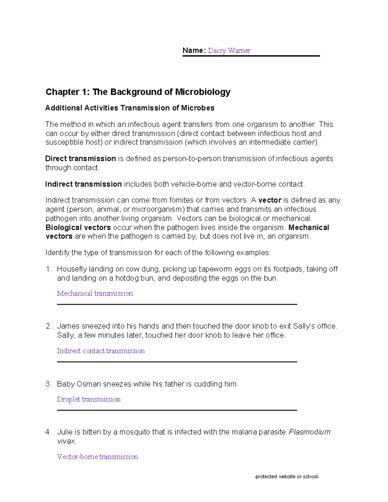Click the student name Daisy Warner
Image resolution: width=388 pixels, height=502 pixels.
pos(229,50)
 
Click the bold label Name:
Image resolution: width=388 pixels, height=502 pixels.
pos(194,50)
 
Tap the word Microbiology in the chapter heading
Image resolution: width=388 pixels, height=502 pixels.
pos(203,92)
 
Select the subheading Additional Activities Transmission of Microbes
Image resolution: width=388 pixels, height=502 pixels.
pos(130,108)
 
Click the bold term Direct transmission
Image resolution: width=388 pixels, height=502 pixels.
pos(81,159)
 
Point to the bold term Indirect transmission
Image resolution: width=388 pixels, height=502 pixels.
pos(83,184)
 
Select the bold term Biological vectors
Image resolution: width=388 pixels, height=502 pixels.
pos(78,228)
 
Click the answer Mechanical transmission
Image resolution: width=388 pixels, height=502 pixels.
pos(95,294)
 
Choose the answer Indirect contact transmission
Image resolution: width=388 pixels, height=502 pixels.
pos(101,351)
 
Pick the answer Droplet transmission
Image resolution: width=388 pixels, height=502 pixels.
pos(89,400)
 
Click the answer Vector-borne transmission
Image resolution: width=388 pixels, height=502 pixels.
pos(97,457)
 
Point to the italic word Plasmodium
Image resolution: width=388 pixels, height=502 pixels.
pos(309,432)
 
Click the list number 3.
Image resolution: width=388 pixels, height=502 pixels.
pos(48,384)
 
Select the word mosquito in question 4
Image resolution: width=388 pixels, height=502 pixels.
pos(135,432)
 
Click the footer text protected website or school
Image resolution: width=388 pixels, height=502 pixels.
pos(287,476)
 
